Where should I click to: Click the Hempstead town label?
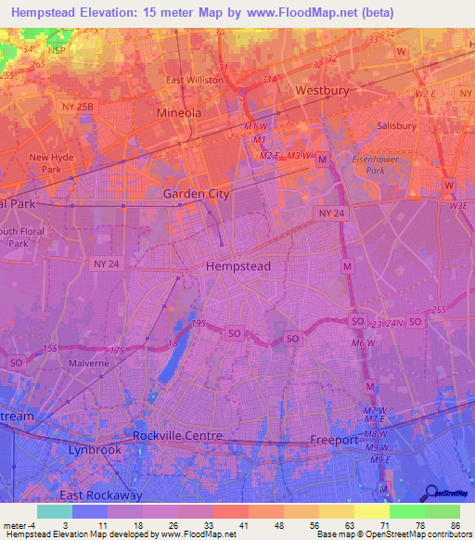click(x=237, y=265)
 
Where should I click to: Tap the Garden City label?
click(x=196, y=194)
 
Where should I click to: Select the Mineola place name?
click(x=178, y=112)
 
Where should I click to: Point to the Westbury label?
click(x=320, y=91)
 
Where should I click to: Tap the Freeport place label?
click(x=334, y=440)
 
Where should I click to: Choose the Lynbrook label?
click(x=96, y=449)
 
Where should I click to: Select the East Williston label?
click(x=195, y=80)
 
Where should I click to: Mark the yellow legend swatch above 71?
click(x=371, y=511)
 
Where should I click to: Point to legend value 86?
click(x=455, y=524)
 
